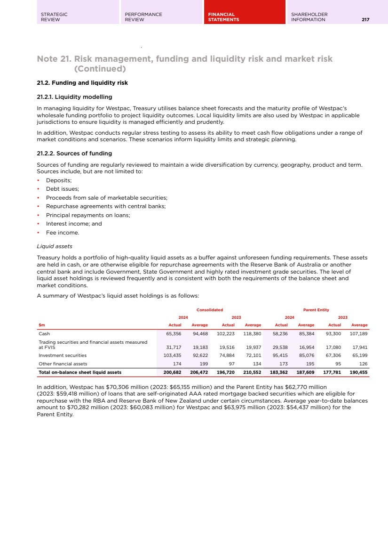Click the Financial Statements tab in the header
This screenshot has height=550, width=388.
tap(223, 17)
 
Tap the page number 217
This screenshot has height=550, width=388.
tap(365, 20)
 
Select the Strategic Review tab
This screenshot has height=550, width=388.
tap(54, 17)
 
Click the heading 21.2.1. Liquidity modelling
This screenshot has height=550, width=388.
tap(74, 97)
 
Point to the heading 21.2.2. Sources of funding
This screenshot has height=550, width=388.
tap(74, 154)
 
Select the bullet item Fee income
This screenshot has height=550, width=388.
tap(63, 233)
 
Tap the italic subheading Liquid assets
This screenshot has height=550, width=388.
tap(55, 246)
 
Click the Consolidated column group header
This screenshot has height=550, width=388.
tap(209, 310)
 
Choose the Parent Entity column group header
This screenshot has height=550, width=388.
tap(316, 310)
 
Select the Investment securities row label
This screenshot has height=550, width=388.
tap(63, 356)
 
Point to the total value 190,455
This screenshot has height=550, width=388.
tap(358, 372)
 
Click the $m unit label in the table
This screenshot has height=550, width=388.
tap(42, 325)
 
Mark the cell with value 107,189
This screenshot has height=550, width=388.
tap(358, 333)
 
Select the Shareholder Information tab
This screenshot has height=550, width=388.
tap(309, 17)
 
